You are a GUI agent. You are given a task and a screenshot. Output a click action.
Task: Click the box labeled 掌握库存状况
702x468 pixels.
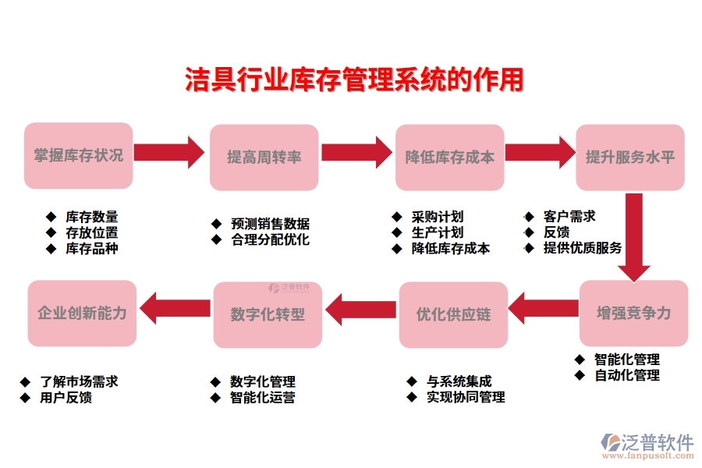(78, 155)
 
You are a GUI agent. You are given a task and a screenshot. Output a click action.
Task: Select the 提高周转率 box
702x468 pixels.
(264, 157)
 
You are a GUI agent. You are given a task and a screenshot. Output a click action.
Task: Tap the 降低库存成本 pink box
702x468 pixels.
(449, 157)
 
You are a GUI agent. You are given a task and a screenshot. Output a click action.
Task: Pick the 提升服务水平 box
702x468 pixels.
(629, 157)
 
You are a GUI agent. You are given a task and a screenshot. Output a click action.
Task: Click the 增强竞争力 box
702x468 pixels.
(633, 313)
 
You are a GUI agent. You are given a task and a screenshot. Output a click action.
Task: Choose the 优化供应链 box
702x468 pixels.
(453, 314)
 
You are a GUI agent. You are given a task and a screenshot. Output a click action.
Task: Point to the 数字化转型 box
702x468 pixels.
(268, 314)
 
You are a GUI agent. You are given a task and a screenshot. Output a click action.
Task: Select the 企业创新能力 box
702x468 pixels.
(82, 314)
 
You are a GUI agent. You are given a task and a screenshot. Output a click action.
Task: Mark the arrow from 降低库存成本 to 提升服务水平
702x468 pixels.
(538, 151)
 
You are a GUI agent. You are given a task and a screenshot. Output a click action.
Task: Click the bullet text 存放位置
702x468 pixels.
(92, 232)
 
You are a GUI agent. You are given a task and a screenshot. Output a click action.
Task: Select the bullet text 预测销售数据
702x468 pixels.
(270, 224)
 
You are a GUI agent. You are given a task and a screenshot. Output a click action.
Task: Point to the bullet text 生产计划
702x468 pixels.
(438, 232)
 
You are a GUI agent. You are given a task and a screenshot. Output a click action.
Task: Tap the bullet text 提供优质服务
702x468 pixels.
(583, 248)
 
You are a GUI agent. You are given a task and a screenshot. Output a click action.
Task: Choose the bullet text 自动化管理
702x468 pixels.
(626, 375)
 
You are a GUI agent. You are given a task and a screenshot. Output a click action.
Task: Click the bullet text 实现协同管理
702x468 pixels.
(465, 397)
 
